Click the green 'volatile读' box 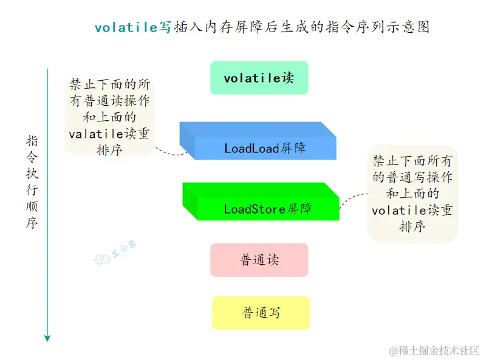(x=259, y=78)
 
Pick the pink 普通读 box (x=259, y=260)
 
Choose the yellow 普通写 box (x=261, y=313)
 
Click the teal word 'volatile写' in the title (x=133, y=27)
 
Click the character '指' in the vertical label (x=32, y=141)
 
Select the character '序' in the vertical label (x=32, y=223)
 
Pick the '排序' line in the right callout (x=412, y=226)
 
